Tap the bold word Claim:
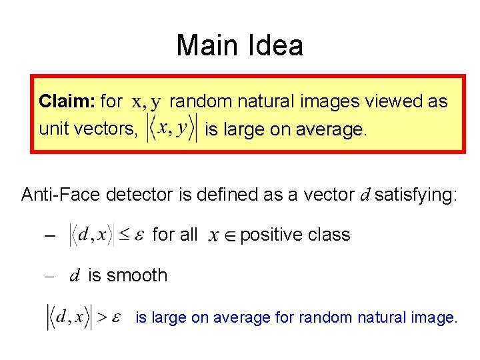pos(67,101)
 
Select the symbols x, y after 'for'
pos(146,102)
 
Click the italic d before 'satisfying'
pos(365,195)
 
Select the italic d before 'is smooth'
pos(75,275)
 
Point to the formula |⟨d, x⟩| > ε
pos(83,317)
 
